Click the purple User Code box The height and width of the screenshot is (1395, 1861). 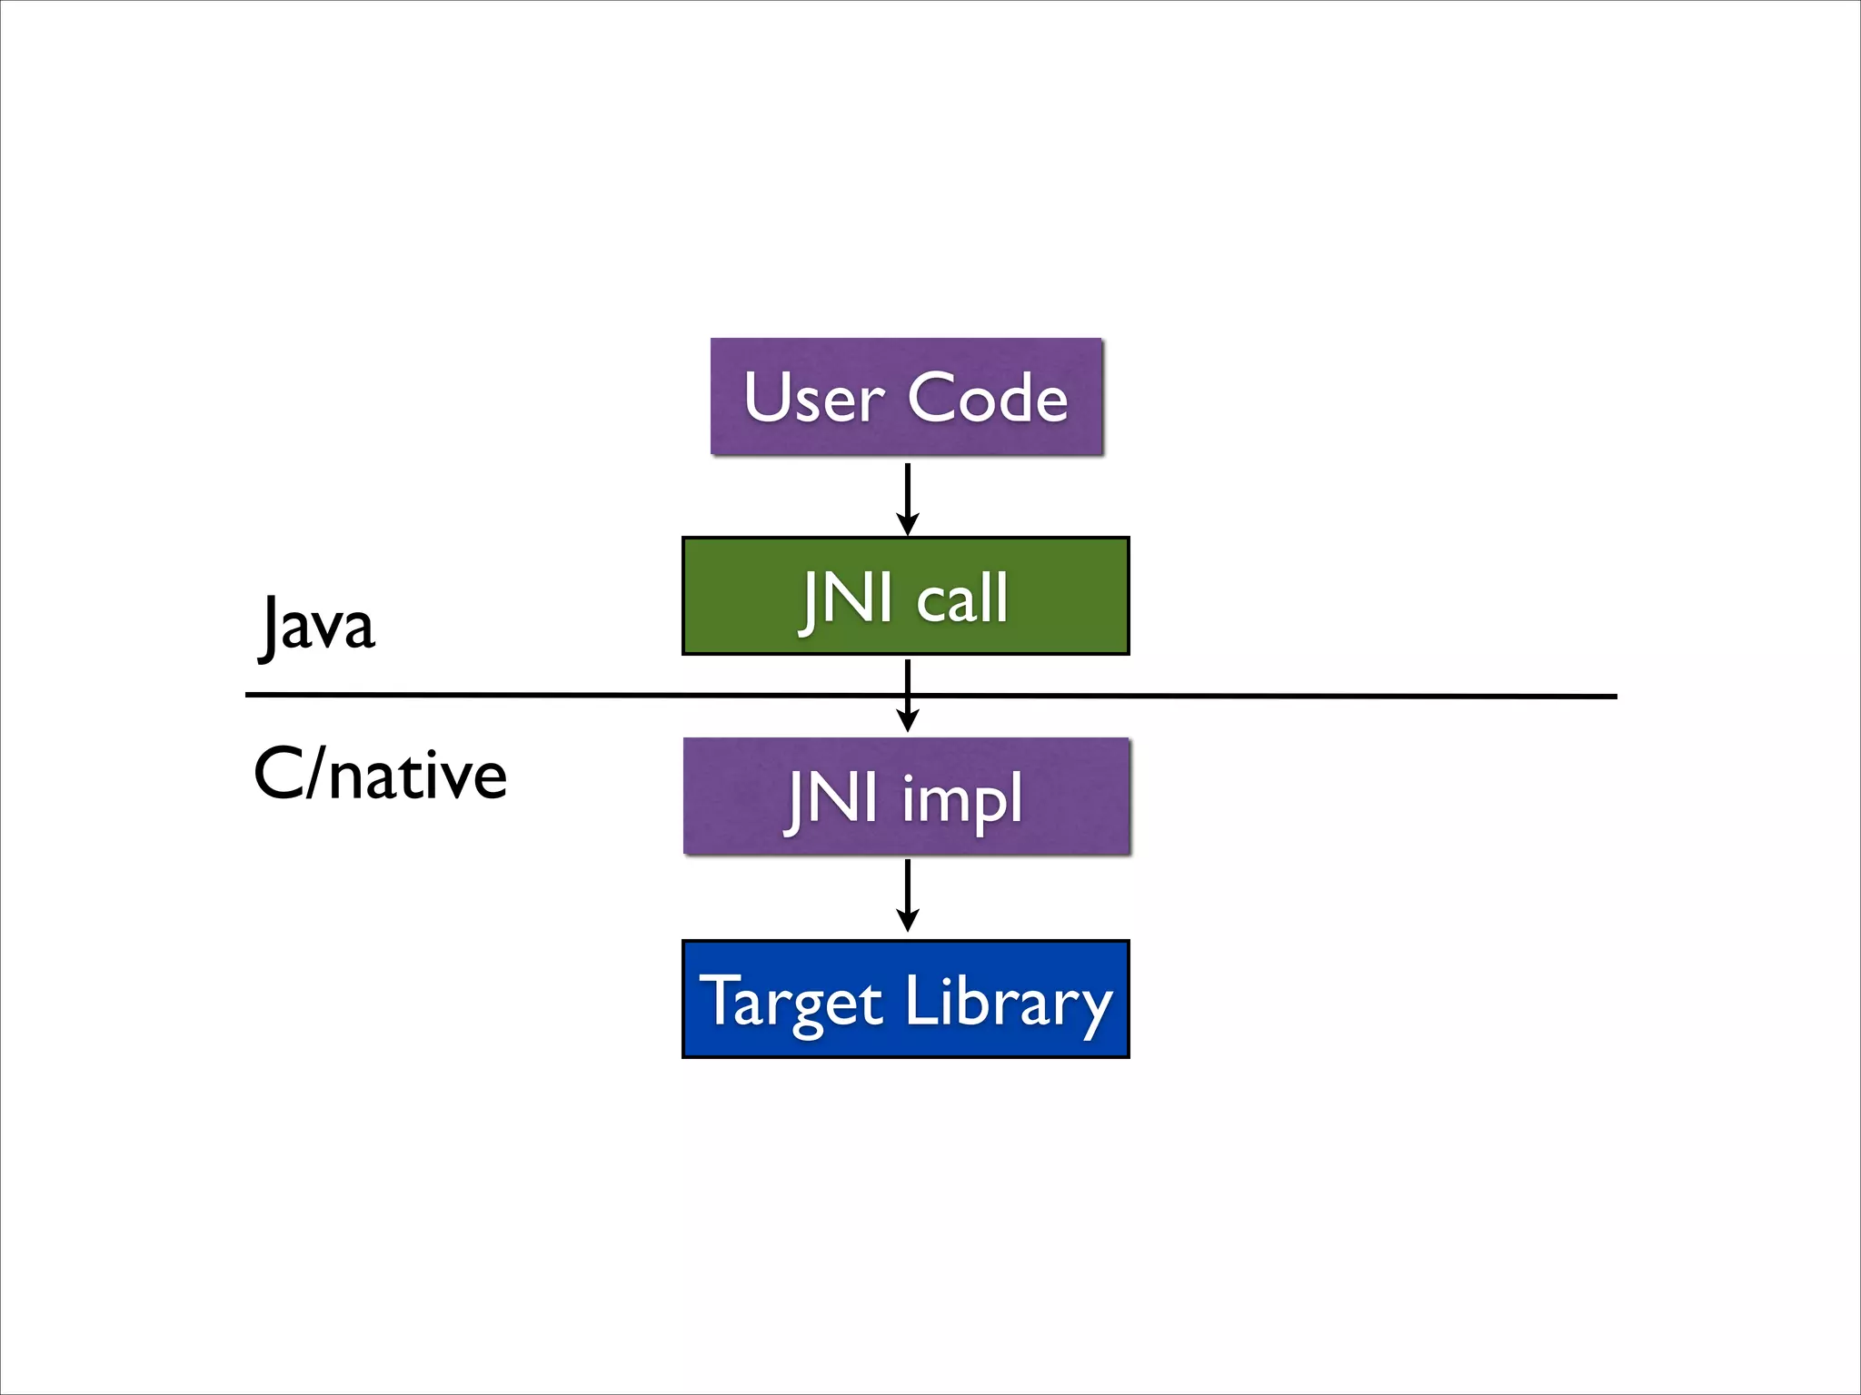point(906,396)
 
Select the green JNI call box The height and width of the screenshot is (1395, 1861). point(905,596)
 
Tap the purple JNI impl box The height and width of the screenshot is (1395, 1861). point(906,796)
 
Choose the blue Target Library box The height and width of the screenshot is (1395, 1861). point(905,999)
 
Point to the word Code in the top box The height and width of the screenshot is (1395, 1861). point(988,398)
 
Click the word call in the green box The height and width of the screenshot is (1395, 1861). point(962,599)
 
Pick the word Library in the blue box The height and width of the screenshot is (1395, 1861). point(1009,1003)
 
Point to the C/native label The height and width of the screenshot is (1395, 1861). point(380,776)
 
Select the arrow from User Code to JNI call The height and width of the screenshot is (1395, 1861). point(907,496)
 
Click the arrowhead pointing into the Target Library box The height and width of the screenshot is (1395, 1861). point(907,922)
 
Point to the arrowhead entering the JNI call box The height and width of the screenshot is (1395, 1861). point(907,524)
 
